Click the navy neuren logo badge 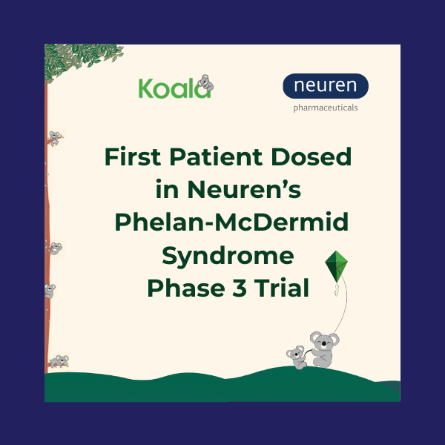pyautogui.click(x=325, y=86)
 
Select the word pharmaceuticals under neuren pyautogui.click(x=325, y=108)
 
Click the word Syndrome pyautogui.click(x=228, y=256)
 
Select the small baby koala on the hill pyautogui.click(x=297, y=357)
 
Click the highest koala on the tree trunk pyautogui.click(x=54, y=138)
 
